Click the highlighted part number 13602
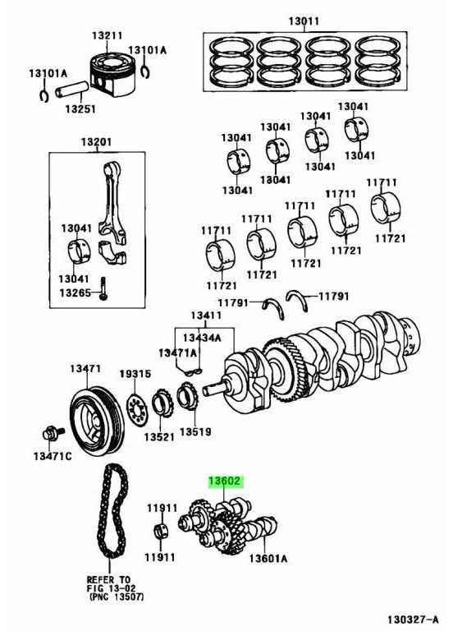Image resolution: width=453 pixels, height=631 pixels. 224,483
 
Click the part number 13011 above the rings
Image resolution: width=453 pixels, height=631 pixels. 303,21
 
